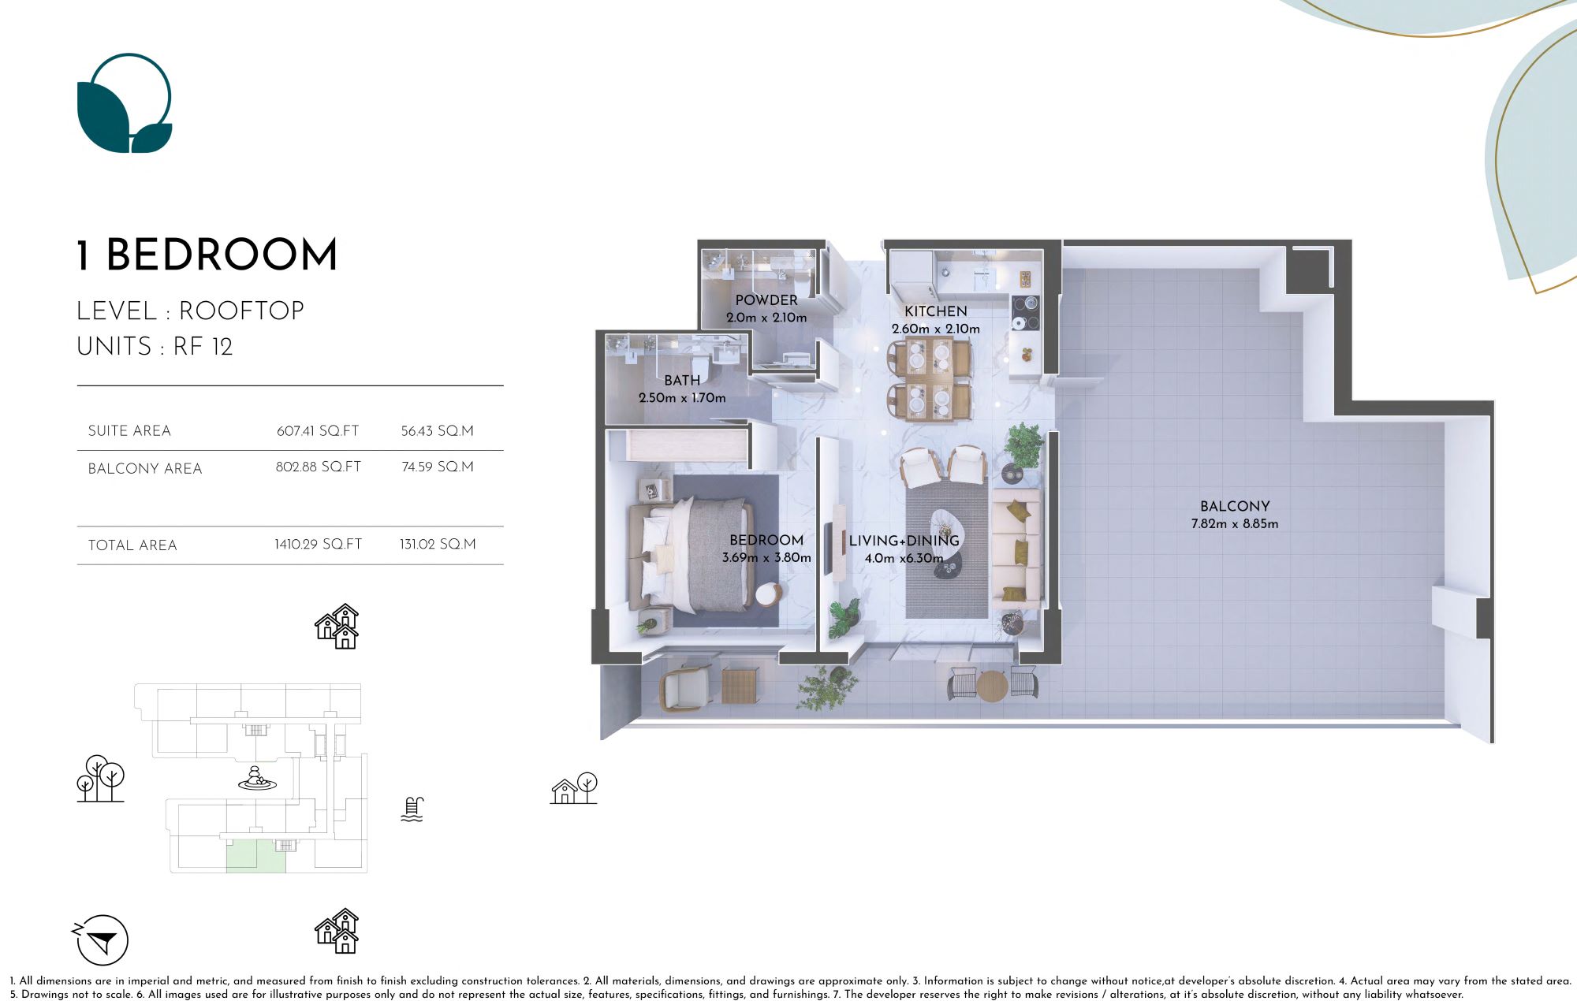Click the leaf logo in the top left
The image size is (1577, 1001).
pos(125,103)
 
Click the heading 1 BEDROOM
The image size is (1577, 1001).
pos(207,255)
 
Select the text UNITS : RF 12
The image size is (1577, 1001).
pos(155,347)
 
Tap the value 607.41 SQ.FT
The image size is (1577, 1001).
pos(318,431)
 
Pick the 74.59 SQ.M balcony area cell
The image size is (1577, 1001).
pos(438,467)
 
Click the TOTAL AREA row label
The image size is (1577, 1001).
pos(132,545)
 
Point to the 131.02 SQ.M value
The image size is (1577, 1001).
pos(438,545)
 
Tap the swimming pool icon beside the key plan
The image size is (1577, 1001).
pos(412,809)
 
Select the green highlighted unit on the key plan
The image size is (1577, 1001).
pos(255,857)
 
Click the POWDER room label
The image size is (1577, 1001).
pos(766,300)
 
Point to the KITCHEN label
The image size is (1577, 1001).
pos(935,311)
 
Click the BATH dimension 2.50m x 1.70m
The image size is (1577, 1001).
pos(682,398)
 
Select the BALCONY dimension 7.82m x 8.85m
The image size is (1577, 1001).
pos(1235,524)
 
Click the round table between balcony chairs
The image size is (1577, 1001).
pos(992,685)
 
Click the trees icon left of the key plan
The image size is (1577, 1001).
pos(100,779)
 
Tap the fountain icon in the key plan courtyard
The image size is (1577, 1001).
pos(257,779)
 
